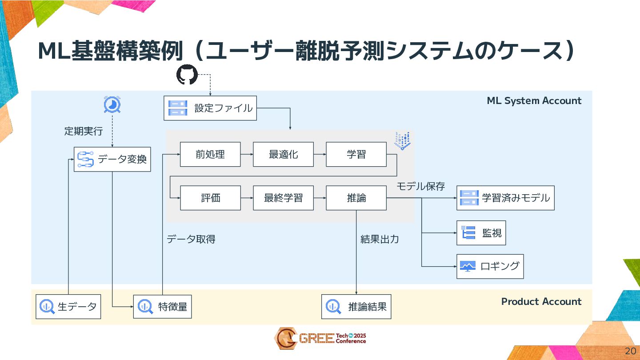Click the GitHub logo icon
(187, 75)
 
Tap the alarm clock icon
(112, 105)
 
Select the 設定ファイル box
(210, 108)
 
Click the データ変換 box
(112, 159)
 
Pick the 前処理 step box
(210, 154)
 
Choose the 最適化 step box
(283, 154)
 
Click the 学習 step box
(356, 154)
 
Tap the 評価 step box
(210, 198)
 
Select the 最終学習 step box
(283, 198)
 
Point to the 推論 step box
(356, 198)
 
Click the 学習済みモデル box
(505, 198)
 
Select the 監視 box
(481, 232)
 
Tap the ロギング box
(490, 266)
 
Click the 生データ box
(68, 306)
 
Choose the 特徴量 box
(162, 306)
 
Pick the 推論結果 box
(356, 306)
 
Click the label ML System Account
(534, 101)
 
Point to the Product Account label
(541, 302)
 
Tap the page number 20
(630, 350)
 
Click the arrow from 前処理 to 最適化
(247, 154)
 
